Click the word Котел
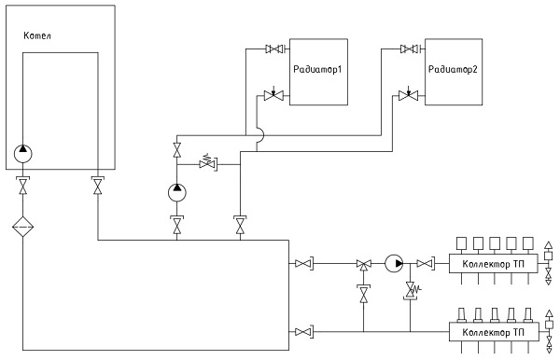tap(37, 35)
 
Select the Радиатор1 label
tap(317, 69)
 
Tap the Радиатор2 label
tap(453, 69)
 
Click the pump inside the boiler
tap(22, 154)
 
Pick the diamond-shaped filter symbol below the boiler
tap(22, 227)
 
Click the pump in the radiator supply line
tap(177, 193)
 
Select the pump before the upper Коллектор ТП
tap(394, 264)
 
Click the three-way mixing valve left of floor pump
tap(364, 264)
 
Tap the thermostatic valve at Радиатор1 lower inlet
tap(273, 95)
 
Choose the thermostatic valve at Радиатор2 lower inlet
tap(409, 94)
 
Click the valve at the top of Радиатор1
tap(275, 48)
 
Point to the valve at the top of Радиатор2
tap(410, 48)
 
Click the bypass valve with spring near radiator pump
tap(208, 163)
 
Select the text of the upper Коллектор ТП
tap(493, 264)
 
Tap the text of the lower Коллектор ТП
tap(493, 332)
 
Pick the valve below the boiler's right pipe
tap(97, 186)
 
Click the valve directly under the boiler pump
tap(22, 186)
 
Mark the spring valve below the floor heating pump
tap(411, 290)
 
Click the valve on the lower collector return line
tap(304, 332)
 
